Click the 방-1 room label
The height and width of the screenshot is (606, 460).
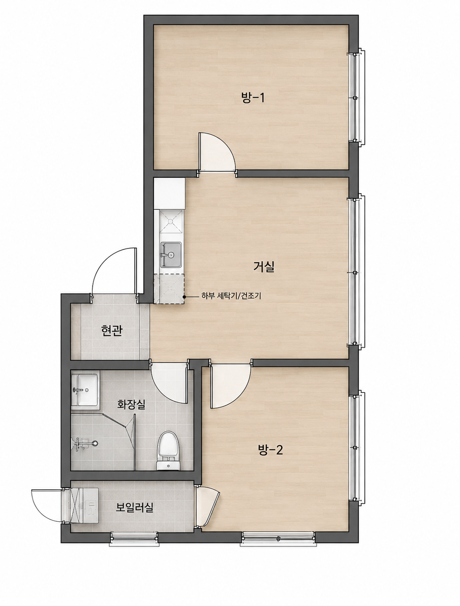pyautogui.click(x=253, y=98)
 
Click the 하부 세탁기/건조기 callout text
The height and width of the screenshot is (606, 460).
pyautogui.click(x=231, y=296)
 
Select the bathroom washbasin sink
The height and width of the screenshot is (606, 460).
pyautogui.click(x=85, y=390)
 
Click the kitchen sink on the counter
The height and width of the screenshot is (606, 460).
pyautogui.click(x=171, y=255)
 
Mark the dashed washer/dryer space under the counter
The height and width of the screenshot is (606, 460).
pyautogui.click(x=169, y=289)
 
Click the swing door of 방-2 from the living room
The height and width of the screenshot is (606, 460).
pyautogui.click(x=231, y=386)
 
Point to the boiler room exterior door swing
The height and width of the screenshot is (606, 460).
pyautogui.click(x=47, y=506)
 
